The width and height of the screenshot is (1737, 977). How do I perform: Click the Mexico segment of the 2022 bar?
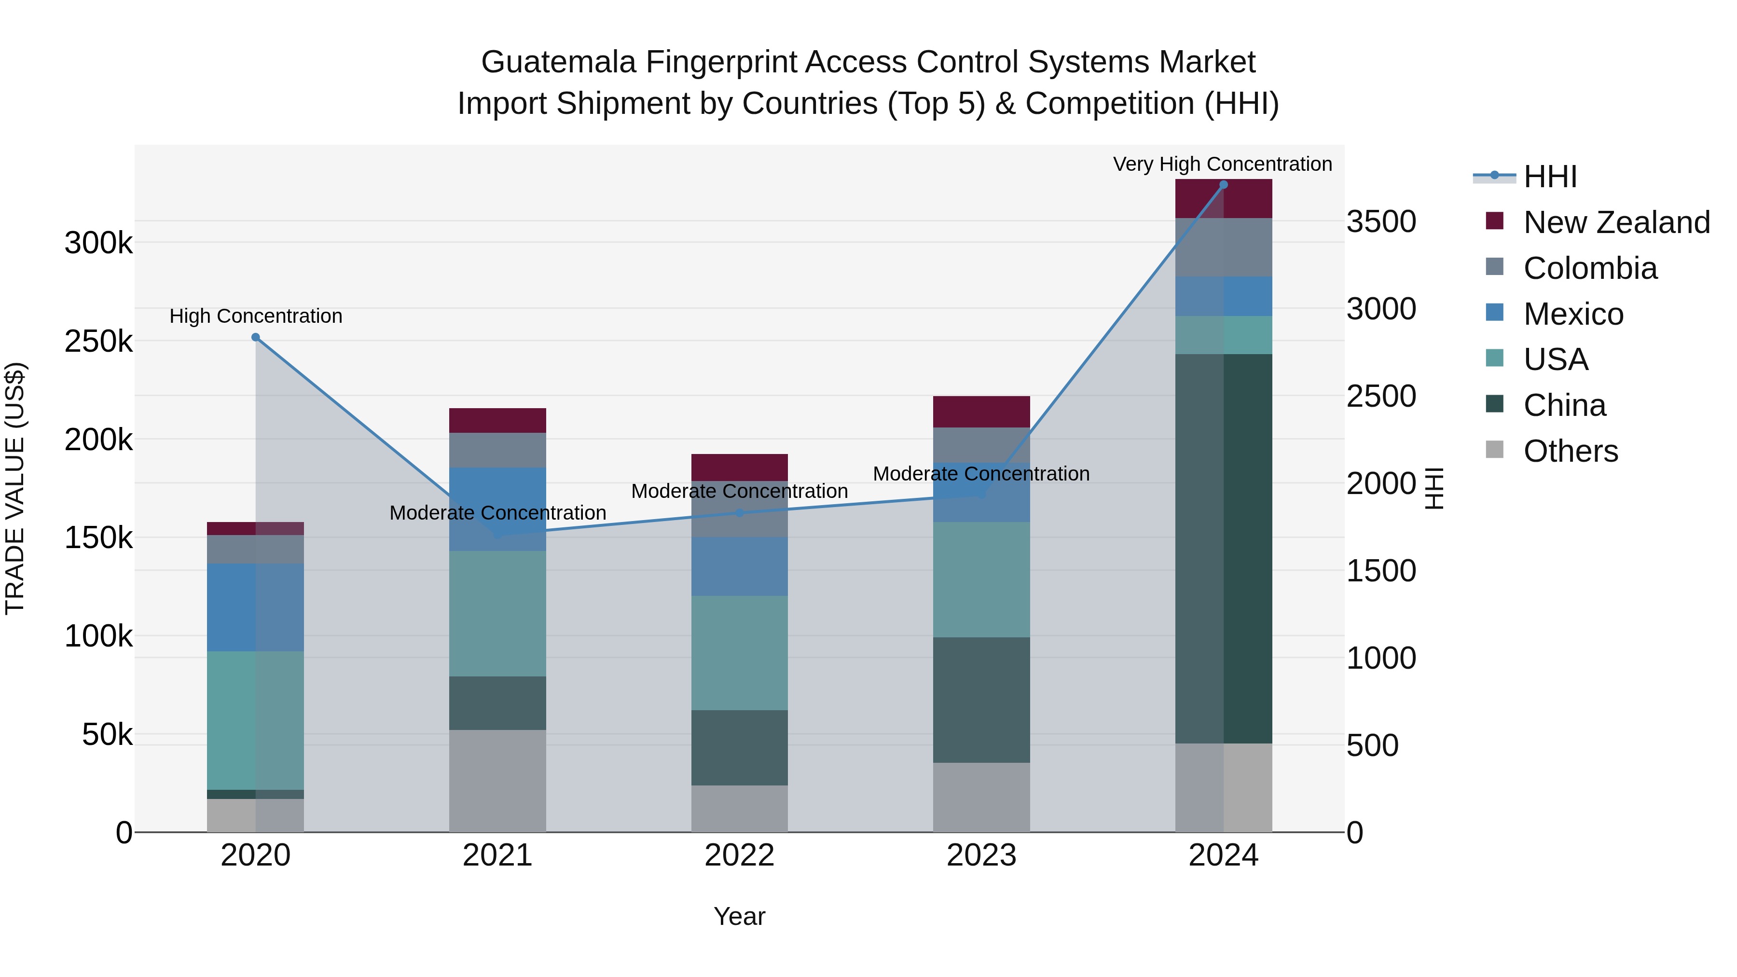click(739, 566)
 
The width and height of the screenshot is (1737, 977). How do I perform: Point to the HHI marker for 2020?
click(256, 337)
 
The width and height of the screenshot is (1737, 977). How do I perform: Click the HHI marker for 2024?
click(1223, 185)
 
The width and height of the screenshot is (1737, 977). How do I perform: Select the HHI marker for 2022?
click(739, 513)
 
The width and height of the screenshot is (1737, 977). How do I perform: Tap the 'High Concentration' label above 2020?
click(256, 316)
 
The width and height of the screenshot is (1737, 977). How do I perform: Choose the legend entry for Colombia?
click(1589, 268)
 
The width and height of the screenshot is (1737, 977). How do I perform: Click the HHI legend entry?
click(1549, 177)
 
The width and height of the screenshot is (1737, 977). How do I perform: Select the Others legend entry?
click(1571, 451)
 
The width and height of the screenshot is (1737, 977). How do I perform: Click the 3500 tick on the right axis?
click(1381, 222)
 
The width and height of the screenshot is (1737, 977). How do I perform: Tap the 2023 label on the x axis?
click(981, 855)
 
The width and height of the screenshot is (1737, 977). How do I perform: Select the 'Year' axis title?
click(739, 916)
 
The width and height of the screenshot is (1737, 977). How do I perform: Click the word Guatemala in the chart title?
click(558, 63)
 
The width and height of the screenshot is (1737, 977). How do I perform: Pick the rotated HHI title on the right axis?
click(1434, 488)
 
